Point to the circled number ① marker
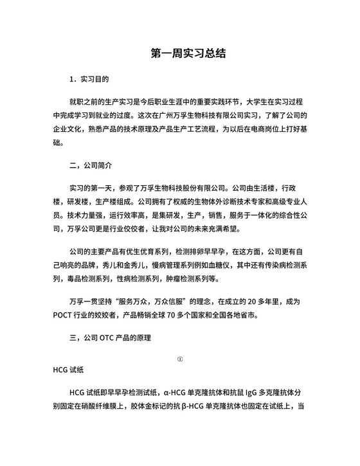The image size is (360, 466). (x=180, y=359)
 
